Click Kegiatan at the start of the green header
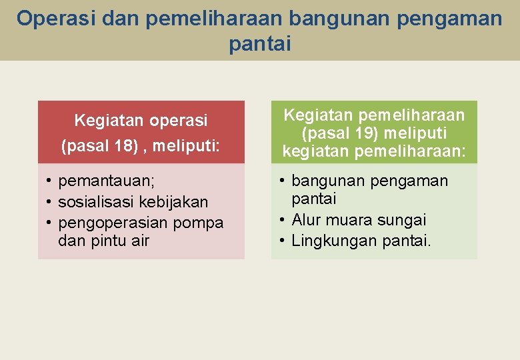click(x=313, y=115)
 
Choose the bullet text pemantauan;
click(x=107, y=181)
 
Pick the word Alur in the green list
click(x=306, y=220)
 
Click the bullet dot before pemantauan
click(x=49, y=181)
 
